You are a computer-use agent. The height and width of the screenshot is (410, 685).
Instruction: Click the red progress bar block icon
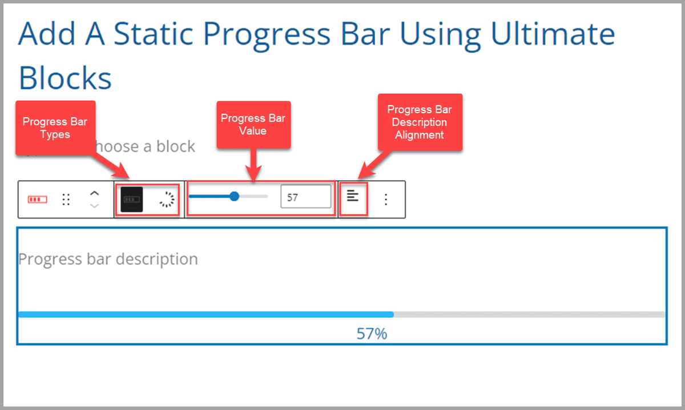click(38, 200)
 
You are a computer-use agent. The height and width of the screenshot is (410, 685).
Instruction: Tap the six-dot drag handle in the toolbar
click(66, 200)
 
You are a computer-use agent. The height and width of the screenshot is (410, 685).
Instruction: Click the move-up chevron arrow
click(95, 194)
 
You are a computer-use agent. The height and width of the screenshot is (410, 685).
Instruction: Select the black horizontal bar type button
click(132, 199)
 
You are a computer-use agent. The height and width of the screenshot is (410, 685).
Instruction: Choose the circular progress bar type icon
click(166, 199)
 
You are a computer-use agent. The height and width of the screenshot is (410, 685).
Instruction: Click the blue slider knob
click(234, 197)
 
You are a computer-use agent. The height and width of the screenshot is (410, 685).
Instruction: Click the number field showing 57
click(305, 197)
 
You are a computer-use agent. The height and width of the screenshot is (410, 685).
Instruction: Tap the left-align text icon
click(353, 196)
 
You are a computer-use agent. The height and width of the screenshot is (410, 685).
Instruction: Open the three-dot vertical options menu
click(386, 199)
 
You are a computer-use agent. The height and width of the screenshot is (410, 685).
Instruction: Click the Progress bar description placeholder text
click(108, 259)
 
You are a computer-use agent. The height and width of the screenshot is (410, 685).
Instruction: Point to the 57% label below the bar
click(372, 333)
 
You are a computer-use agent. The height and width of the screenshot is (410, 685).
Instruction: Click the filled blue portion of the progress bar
click(205, 314)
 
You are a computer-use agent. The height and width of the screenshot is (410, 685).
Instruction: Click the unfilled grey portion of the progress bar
click(529, 314)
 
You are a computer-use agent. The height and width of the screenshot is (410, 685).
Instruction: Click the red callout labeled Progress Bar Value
click(253, 125)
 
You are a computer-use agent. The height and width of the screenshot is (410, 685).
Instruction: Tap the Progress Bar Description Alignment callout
click(420, 122)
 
